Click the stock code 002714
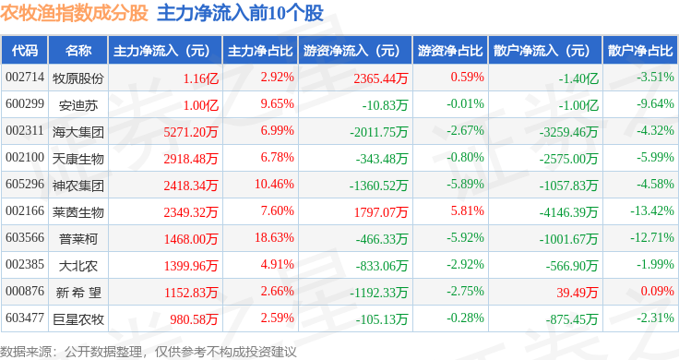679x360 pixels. (25, 78)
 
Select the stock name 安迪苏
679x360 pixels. (78, 105)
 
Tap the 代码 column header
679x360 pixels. (25, 51)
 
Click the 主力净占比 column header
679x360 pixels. (260, 51)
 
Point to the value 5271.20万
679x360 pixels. (191, 132)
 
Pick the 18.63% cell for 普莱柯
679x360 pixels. (274, 238)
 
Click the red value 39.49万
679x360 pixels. (578, 293)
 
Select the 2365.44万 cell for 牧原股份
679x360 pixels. (381, 78)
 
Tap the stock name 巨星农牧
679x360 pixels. (78, 319)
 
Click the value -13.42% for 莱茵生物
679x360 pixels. (652, 211)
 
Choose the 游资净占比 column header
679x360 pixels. (450, 51)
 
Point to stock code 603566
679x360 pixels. (25, 238)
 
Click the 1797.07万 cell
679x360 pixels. (381, 211)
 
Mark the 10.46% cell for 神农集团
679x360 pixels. (274, 184)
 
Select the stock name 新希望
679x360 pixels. (78, 293)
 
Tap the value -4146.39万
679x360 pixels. (568, 212)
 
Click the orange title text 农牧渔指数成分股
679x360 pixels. (74, 13)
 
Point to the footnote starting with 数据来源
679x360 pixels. (149, 352)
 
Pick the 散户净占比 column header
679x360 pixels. (640, 51)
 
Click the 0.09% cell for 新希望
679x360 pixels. (658, 291)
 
